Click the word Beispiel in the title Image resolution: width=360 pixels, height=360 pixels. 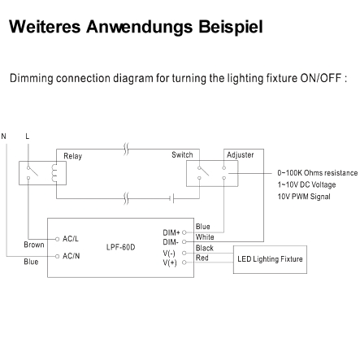[231, 27]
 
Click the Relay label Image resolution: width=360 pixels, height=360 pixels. [72, 156]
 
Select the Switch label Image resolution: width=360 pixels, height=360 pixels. [182, 154]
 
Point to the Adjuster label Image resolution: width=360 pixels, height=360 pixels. [241, 155]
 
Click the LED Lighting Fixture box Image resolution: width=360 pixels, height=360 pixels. [270, 259]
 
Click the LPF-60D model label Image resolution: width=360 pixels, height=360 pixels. [120, 247]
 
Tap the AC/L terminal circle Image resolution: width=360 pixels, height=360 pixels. [57, 239]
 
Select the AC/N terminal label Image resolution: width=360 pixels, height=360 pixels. [72, 256]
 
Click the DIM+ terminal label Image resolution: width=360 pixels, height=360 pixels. [171, 232]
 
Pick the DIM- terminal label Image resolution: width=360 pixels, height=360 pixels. [171, 242]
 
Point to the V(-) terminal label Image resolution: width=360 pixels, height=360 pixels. [169, 254]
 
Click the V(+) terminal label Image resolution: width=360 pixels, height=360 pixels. [170, 262]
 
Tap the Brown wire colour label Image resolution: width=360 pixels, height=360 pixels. [34, 245]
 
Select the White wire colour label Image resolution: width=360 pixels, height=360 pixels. [205, 237]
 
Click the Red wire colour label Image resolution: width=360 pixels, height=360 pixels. [202, 258]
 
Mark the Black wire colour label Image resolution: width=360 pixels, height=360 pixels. [205, 248]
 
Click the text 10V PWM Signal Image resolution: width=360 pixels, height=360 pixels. [304, 197]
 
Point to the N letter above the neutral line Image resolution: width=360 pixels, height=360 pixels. [3, 136]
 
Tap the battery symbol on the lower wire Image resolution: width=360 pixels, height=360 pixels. [171, 198]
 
